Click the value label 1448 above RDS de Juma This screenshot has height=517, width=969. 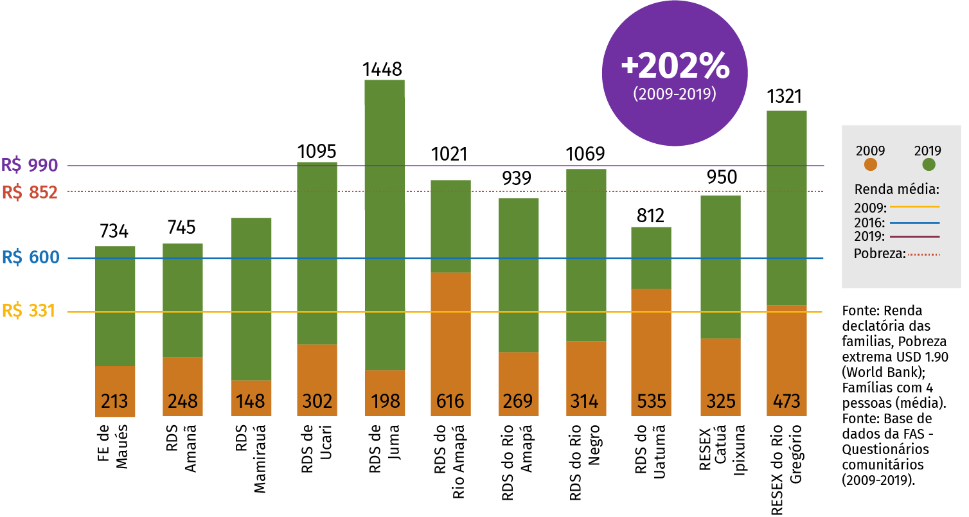[382, 69]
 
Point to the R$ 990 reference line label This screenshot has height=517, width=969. [30, 166]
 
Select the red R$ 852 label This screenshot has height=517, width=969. [30, 192]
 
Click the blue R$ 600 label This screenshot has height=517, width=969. [30, 258]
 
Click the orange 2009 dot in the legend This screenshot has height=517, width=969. [871, 164]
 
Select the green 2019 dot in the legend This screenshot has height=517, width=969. [929, 164]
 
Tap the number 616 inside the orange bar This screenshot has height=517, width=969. [450, 401]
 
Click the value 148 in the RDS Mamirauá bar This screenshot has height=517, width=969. [251, 401]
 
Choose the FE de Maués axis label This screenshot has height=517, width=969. [113, 448]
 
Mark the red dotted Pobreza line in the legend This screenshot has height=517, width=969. [923, 254]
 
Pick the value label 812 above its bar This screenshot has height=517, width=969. [650, 215]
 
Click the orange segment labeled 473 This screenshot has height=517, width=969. [787, 360]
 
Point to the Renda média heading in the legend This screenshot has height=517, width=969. [897, 190]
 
